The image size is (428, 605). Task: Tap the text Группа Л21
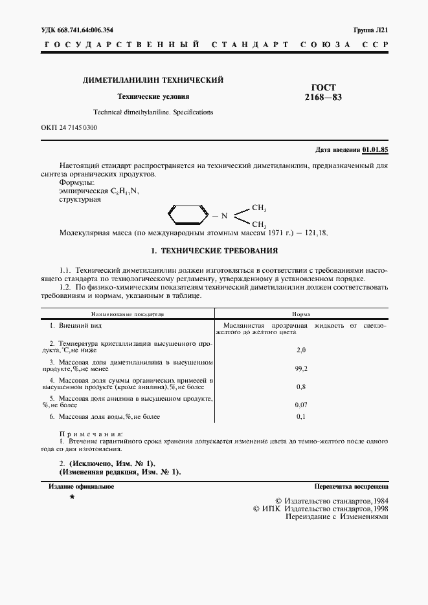click(x=371, y=30)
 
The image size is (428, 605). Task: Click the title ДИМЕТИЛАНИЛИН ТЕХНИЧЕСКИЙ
click(x=153, y=80)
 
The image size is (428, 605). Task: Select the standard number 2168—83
click(x=323, y=98)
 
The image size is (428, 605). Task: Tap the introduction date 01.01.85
click(x=376, y=149)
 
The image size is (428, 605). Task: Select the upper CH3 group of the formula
click(x=259, y=208)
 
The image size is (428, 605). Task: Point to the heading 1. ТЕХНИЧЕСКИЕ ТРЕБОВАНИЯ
click(x=214, y=250)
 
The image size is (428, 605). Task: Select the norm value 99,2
click(x=300, y=368)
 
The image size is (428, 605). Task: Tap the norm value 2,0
click(x=300, y=350)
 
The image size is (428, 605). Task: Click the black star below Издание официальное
click(x=73, y=497)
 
